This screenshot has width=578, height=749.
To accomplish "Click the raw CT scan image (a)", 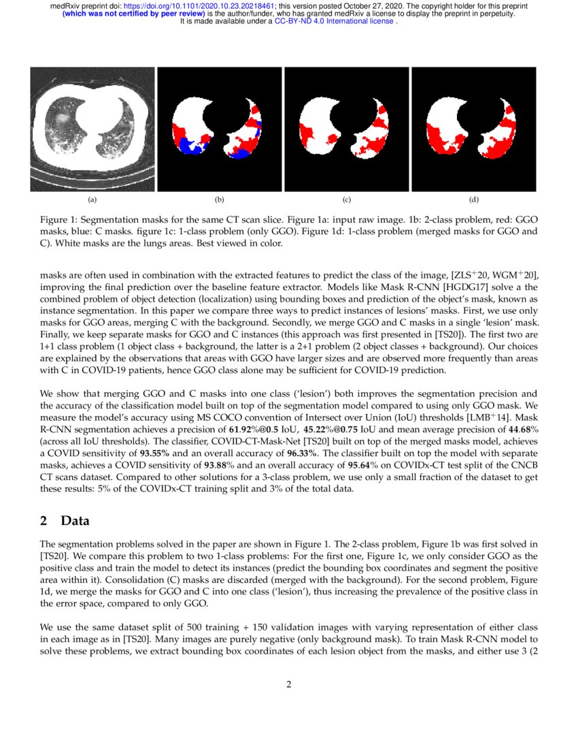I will tap(92, 129).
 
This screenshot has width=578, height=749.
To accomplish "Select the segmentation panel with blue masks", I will tap(219, 129).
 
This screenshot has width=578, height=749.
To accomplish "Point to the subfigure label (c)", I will tap(346, 200).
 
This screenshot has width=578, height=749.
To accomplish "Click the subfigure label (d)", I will tap(473, 200).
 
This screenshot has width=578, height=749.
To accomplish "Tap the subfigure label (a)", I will tap(92, 200).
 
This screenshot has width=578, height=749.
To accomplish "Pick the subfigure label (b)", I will tap(219, 200).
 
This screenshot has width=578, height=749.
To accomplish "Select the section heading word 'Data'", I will tap(75, 522).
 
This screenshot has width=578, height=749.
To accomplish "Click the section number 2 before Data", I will tap(44, 522).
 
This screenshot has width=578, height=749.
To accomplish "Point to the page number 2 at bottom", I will tap(289, 684).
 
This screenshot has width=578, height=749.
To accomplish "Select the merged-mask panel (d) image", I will tap(473, 129).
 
